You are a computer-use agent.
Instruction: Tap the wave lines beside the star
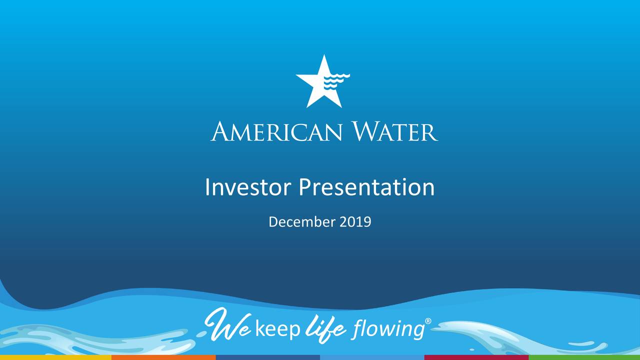[336, 81]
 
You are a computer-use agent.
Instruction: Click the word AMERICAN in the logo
[276, 132]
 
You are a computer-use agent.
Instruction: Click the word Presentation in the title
[367, 188]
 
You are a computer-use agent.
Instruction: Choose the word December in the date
[302, 221]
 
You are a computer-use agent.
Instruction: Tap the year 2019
[355, 221]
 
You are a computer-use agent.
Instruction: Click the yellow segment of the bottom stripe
[55, 357]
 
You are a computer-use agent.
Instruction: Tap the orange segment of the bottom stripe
[163, 357]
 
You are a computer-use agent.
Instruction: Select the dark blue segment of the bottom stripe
[267, 357]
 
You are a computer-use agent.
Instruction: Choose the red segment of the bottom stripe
[476, 357]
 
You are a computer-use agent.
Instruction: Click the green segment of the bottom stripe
[584, 357]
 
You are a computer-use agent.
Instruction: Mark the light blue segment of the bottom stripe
[372, 357]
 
